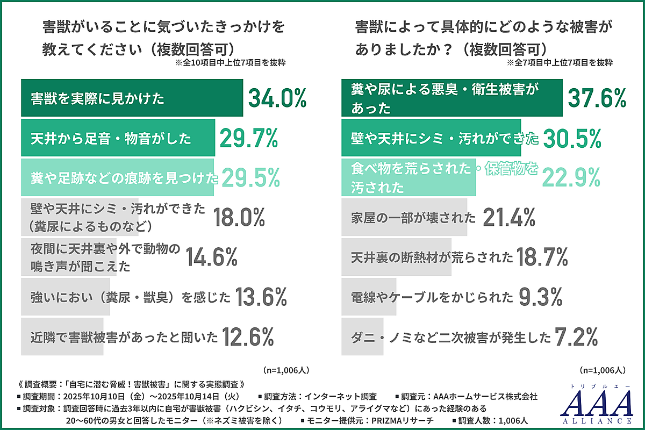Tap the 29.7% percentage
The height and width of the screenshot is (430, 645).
click(x=248, y=139)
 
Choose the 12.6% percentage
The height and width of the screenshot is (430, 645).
click(x=248, y=337)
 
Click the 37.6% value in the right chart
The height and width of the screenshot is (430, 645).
click(x=597, y=98)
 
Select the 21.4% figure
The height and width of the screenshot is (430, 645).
click(x=509, y=217)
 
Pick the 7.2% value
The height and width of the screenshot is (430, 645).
click(x=576, y=337)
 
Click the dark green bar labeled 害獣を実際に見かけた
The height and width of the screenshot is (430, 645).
click(x=132, y=98)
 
